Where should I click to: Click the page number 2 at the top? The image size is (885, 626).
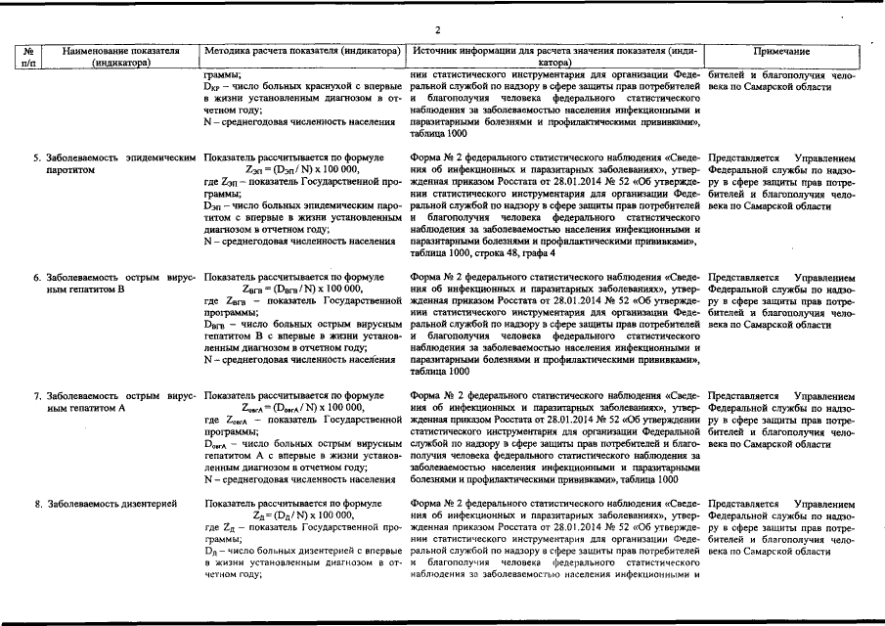(438, 30)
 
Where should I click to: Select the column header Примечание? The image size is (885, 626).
(781, 50)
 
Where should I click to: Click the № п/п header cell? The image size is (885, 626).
(29, 56)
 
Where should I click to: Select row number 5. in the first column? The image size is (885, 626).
(37, 157)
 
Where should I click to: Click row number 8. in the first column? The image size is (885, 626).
(37, 504)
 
